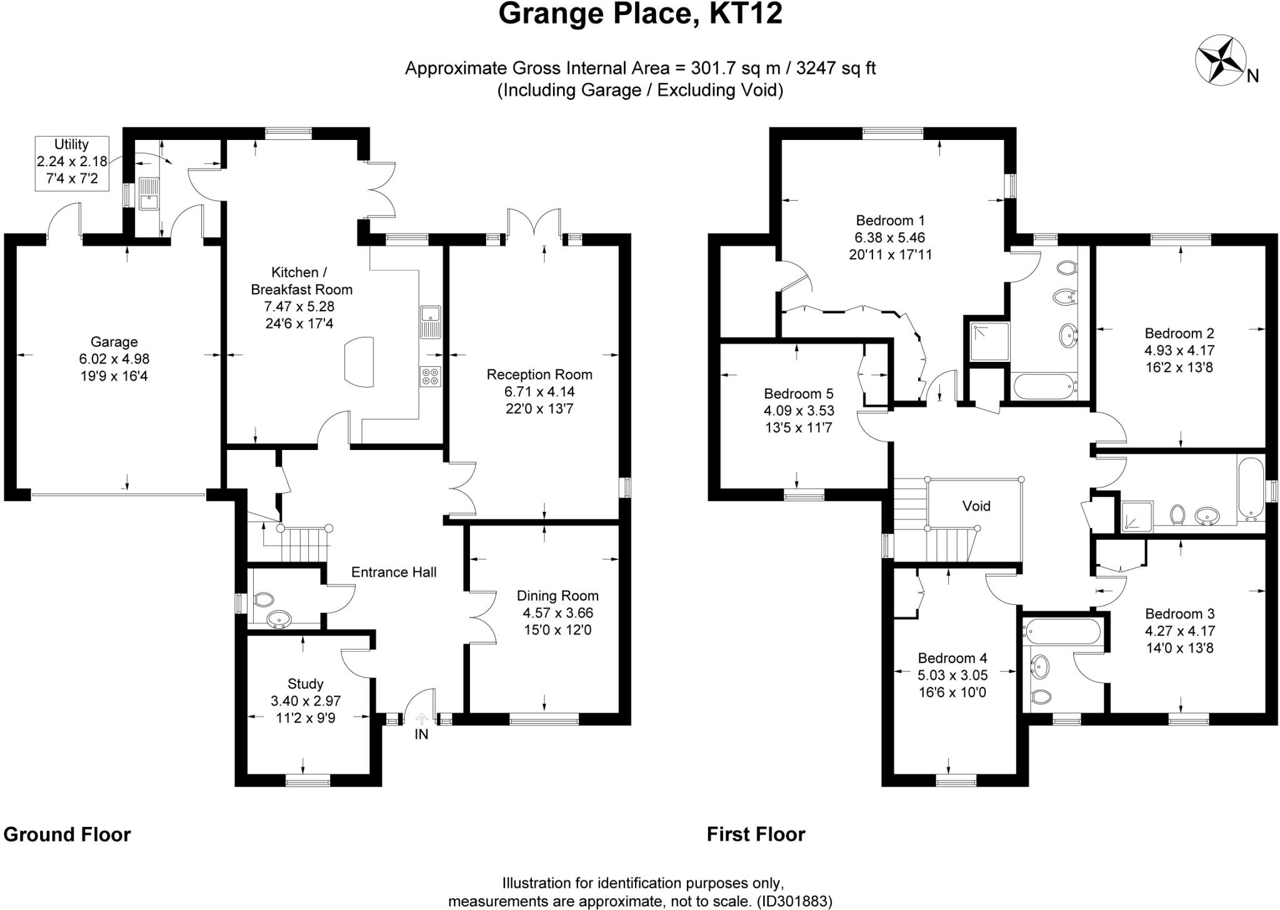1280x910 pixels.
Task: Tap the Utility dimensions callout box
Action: click(x=71, y=162)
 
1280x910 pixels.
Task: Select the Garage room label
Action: click(x=114, y=342)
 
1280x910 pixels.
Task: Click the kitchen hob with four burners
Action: click(x=431, y=376)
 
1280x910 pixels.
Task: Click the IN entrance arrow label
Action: click(x=422, y=734)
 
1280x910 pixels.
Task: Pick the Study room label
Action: click(x=306, y=684)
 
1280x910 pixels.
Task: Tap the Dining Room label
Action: click(x=557, y=596)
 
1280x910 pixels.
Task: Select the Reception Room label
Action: click(x=539, y=374)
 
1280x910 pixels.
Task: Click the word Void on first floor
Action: click(x=976, y=506)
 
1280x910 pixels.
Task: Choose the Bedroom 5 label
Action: click(x=799, y=394)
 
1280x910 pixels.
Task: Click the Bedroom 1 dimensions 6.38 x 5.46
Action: click(x=890, y=237)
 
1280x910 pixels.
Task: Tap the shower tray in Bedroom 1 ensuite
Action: click(x=989, y=341)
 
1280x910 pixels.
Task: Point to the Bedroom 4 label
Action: click(x=952, y=658)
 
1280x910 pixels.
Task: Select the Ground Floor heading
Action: click(x=67, y=834)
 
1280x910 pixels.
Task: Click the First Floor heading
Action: click(x=756, y=834)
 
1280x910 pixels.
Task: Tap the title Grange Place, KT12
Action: click(x=640, y=14)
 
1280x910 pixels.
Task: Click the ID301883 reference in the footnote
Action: click(x=794, y=901)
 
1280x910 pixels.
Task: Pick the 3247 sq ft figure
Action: click(x=836, y=67)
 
